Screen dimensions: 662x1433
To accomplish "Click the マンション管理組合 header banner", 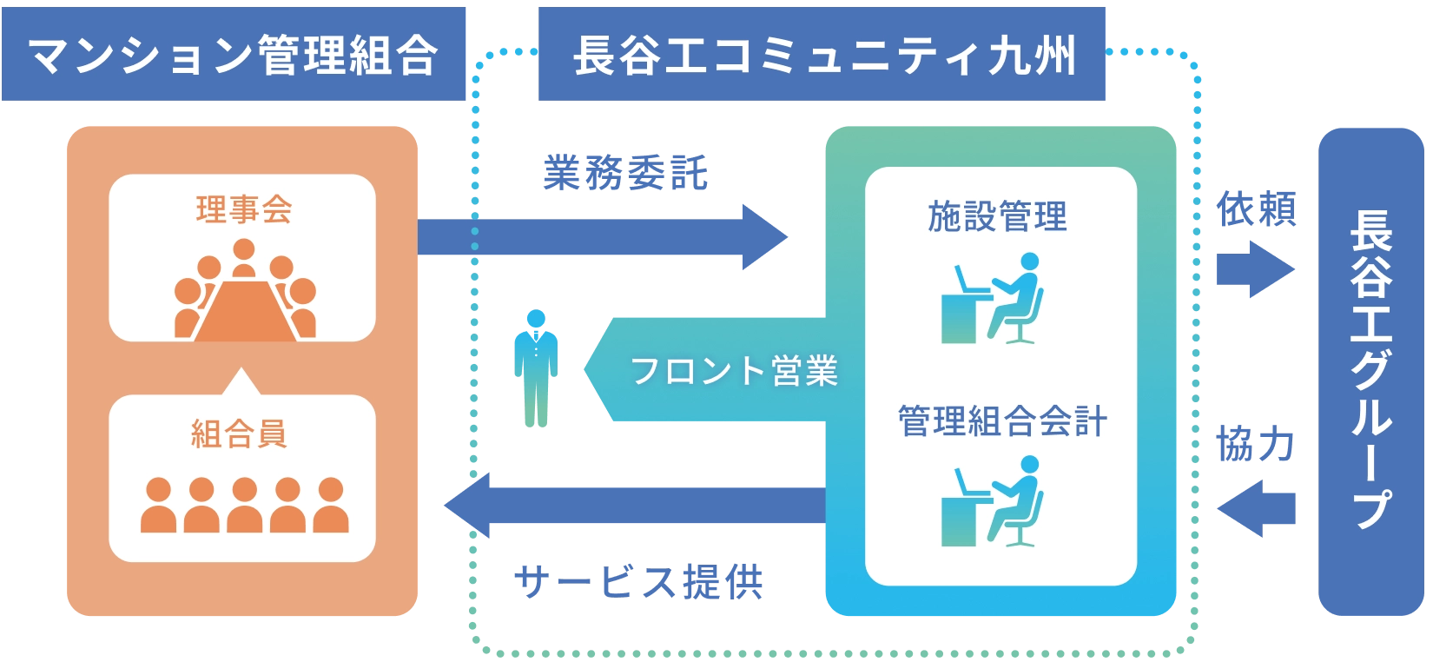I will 234,56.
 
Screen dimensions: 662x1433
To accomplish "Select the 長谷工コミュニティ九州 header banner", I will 822,56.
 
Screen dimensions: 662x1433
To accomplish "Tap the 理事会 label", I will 243,210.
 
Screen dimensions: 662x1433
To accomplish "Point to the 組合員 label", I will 240,434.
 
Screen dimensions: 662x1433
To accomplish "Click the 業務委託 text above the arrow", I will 625,175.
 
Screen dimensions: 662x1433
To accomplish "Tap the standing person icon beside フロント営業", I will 537,368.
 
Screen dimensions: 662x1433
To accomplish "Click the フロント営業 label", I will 734,371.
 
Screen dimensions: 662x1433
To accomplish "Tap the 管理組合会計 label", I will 1002,422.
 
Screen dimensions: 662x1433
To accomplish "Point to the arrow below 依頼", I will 1256,269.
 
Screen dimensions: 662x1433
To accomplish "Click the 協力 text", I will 1257,445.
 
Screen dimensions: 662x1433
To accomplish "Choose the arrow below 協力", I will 1257,507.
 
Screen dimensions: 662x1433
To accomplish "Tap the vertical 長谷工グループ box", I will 1369,371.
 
